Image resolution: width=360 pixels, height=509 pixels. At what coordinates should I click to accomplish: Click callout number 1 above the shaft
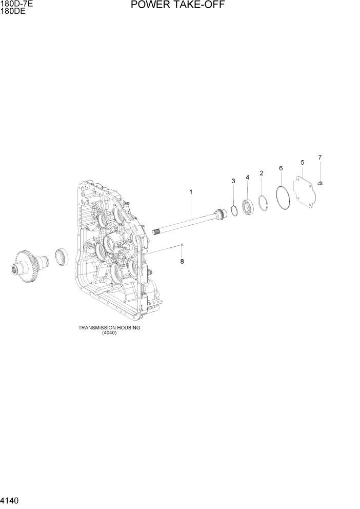(191, 192)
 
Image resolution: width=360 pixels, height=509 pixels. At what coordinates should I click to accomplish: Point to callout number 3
(233, 181)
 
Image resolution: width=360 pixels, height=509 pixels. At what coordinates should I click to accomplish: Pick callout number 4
(247, 177)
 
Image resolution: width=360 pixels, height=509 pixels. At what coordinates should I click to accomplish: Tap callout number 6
(281, 168)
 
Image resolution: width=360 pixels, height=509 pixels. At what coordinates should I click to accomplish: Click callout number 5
(302, 163)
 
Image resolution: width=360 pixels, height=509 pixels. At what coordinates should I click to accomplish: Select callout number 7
(319, 157)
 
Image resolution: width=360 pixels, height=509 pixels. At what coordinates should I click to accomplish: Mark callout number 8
(181, 262)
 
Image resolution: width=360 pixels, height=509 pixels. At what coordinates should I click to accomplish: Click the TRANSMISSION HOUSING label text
(109, 327)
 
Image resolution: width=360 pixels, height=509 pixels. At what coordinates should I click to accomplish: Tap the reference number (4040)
(109, 332)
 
